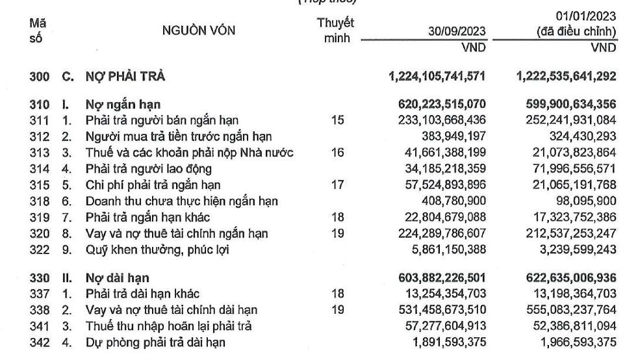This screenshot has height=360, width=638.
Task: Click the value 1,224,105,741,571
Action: click(x=436, y=77)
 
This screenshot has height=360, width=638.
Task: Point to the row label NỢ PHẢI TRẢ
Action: click(x=125, y=77)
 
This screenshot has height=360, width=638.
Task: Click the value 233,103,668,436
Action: click(x=440, y=120)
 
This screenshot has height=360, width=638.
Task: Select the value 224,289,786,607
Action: click(x=440, y=233)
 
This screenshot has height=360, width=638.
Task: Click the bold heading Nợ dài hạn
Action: click(x=112, y=278)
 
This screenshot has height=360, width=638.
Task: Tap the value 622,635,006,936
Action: click(x=565, y=278)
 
